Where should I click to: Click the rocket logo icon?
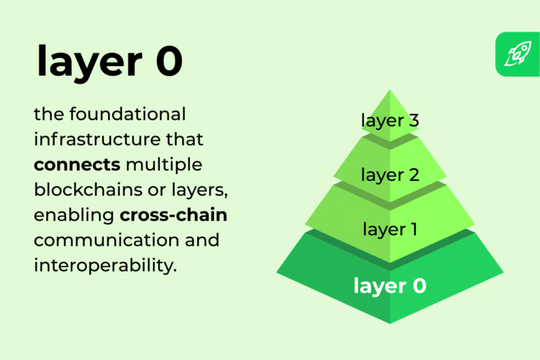tap(517, 54)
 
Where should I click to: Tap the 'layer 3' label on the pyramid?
tap(390, 121)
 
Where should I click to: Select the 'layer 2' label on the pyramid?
tap(390, 175)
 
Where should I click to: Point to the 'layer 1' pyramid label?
tap(390, 229)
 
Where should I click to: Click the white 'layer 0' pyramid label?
tap(390, 286)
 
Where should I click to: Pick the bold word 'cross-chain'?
tap(168, 215)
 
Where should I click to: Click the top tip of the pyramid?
tap(390, 91)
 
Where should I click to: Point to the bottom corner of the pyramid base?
tap(390, 323)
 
